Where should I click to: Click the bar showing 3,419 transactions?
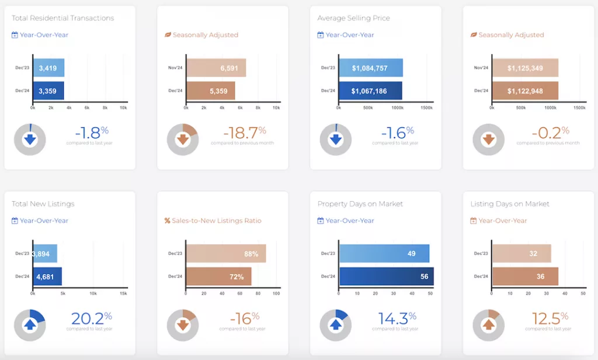[48, 68]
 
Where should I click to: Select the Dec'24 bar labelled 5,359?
[210, 91]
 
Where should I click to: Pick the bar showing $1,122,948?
[524, 91]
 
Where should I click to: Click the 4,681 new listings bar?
[47, 276]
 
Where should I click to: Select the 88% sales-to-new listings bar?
[225, 254]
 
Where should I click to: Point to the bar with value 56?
[386, 276]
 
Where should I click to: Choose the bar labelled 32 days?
[521, 254]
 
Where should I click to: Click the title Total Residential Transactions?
[63, 18]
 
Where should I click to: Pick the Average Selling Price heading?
[354, 18]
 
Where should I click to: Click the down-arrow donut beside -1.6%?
[335, 139]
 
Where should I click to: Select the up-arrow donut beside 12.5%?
[488, 325]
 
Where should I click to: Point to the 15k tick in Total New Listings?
[123, 293]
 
